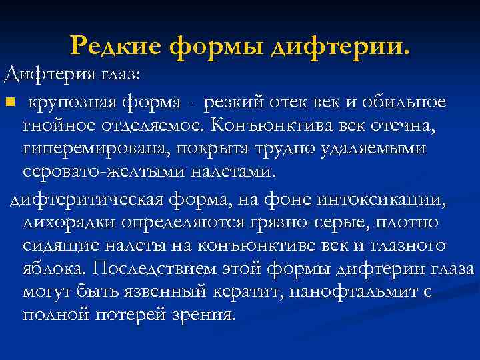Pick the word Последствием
155,269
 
